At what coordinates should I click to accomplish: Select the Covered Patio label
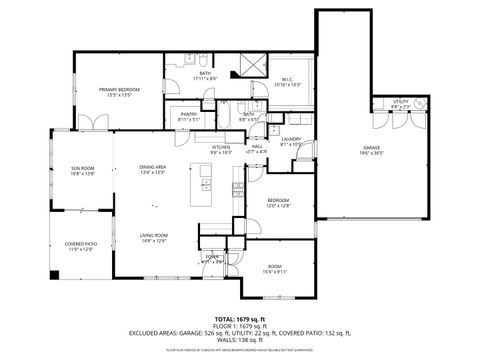(x=80, y=246)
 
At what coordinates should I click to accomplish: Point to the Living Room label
(x=153, y=237)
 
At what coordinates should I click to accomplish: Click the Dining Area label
(x=153, y=169)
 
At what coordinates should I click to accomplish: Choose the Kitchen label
(x=221, y=150)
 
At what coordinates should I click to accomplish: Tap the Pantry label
(x=188, y=116)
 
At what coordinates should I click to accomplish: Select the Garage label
(x=371, y=150)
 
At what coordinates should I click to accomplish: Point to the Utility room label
(x=400, y=103)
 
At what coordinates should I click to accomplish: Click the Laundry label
(x=291, y=141)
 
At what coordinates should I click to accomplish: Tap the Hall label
(x=257, y=149)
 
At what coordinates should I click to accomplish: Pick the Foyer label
(x=212, y=259)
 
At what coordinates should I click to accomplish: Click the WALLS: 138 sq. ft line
(x=240, y=342)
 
